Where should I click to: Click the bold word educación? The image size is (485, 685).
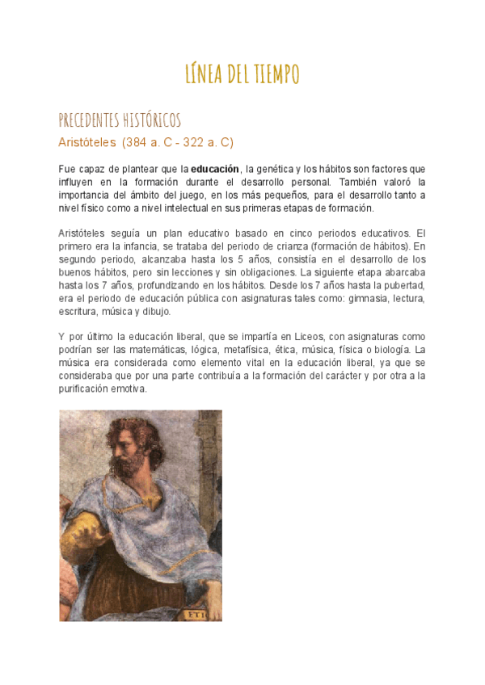tap(215, 169)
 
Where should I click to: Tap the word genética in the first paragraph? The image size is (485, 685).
tap(273, 169)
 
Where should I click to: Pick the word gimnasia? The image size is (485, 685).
tap(351, 298)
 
